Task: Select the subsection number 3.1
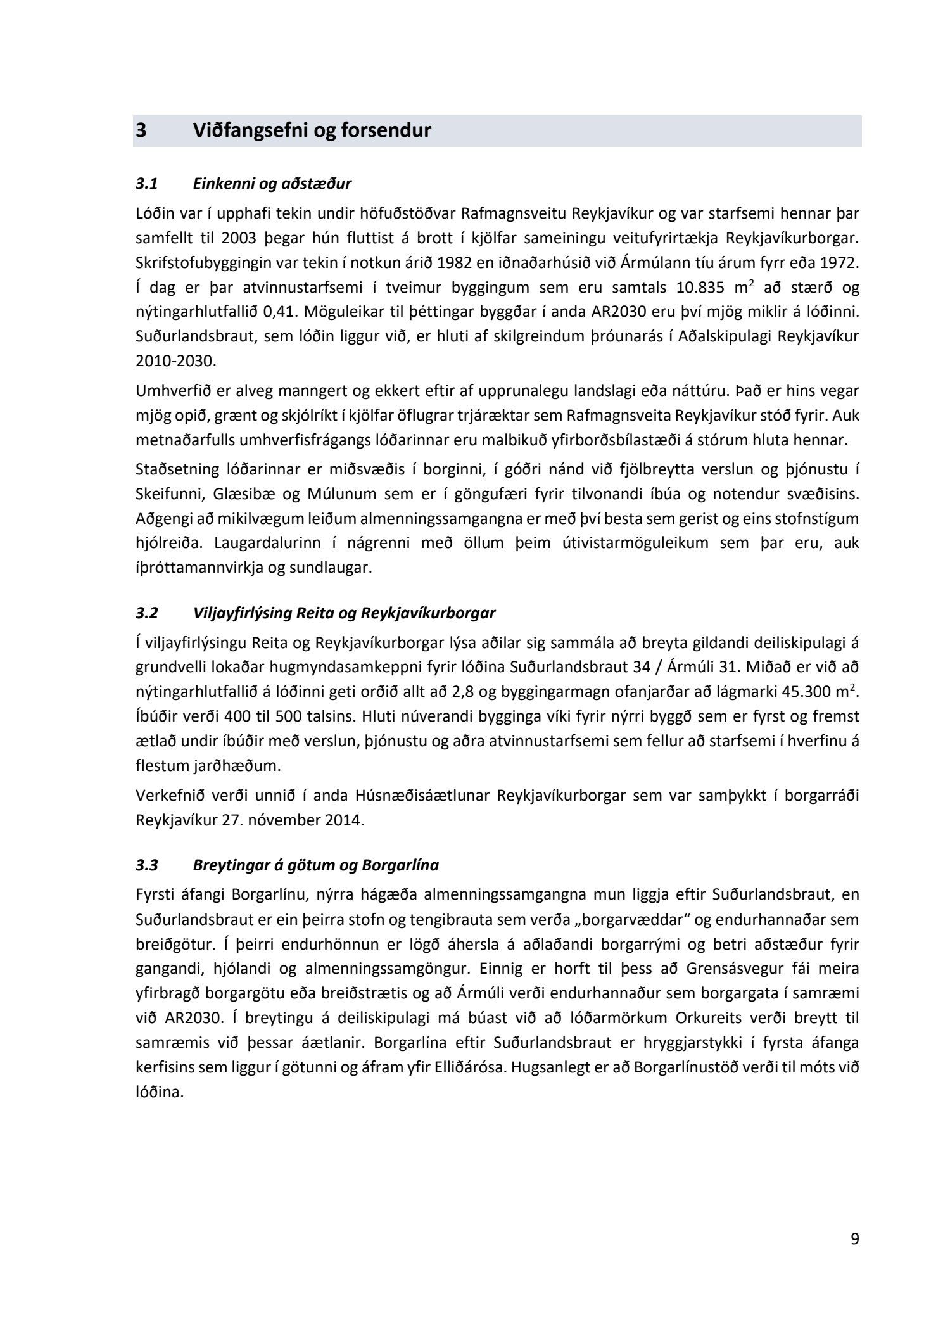coord(146,184)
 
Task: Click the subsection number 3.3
coord(146,865)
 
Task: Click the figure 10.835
coord(699,288)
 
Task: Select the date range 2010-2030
coord(175,362)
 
